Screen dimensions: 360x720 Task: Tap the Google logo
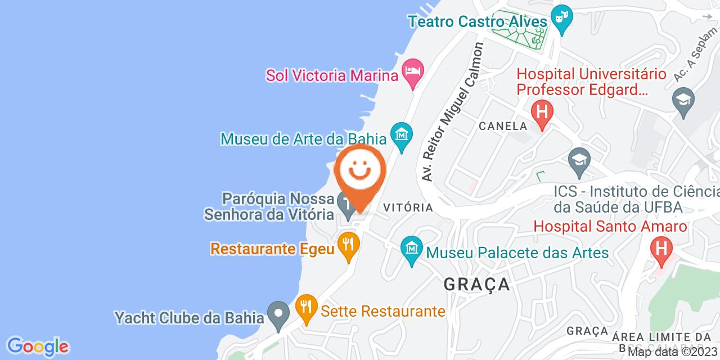[x=37, y=345]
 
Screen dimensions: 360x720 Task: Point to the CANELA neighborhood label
[x=503, y=126]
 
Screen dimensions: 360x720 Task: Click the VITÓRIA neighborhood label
[x=408, y=208]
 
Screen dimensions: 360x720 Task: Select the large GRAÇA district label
[x=477, y=283]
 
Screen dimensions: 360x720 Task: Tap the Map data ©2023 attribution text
[x=673, y=352]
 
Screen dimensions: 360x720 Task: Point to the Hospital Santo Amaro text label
[x=610, y=227]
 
